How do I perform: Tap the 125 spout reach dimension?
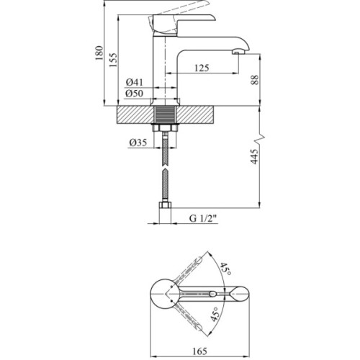pyautogui.click(x=202, y=68)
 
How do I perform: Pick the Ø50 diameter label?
pyautogui.click(x=134, y=94)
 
